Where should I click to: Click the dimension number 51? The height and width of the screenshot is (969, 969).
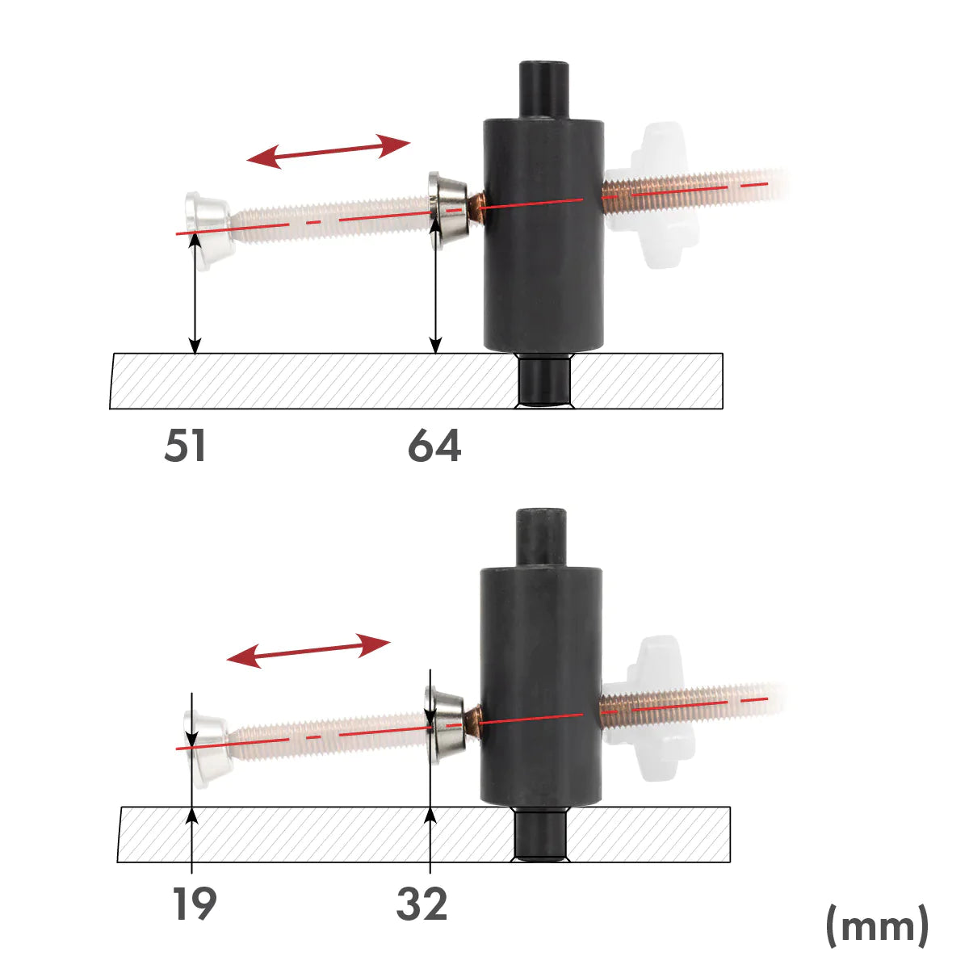coord(185,446)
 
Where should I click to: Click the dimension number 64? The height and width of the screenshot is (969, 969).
coord(434,446)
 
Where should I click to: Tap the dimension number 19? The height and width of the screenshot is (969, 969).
coord(194,904)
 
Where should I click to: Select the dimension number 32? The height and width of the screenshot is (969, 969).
coord(422,904)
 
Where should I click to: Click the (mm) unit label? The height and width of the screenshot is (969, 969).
coord(877,925)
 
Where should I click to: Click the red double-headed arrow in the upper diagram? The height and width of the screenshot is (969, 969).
coord(329,152)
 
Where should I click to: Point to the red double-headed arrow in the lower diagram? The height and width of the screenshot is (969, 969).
coord(308,651)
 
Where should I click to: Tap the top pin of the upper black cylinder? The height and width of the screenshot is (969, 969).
coord(543,89)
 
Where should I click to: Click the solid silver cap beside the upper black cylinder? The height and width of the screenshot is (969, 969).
coord(448,208)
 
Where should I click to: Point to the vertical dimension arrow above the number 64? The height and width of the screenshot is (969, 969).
coord(436,291)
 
